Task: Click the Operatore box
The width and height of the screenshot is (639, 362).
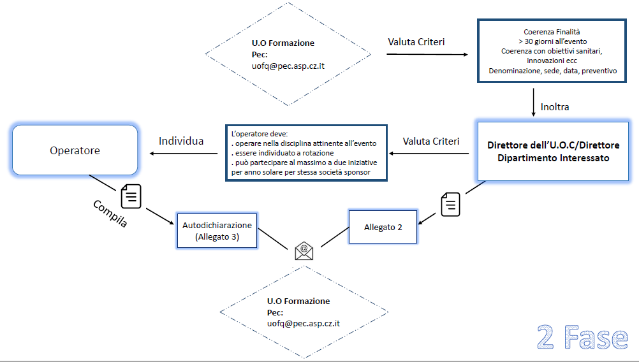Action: tap(75, 150)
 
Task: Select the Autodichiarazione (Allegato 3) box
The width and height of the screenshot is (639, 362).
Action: tap(217, 230)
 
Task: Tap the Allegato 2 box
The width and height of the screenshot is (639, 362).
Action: tap(383, 227)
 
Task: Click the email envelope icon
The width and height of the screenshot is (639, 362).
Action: tap(304, 250)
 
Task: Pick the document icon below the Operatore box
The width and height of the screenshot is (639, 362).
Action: tap(131, 195)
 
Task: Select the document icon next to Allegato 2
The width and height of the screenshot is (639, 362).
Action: tap(450, 204)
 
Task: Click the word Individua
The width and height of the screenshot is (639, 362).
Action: tap(181, 141)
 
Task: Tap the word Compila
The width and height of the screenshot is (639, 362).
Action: tap(110, 215)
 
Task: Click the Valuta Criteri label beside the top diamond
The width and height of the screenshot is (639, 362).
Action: tap(416, 42)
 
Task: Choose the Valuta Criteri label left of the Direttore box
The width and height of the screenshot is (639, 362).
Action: tap(430, 141)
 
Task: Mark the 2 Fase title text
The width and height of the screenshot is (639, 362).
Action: tap(582, 337)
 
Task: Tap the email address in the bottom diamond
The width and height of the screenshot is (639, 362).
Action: tap(304, 323)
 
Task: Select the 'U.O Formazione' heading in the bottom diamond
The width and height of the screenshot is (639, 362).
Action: tap(298, 301)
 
